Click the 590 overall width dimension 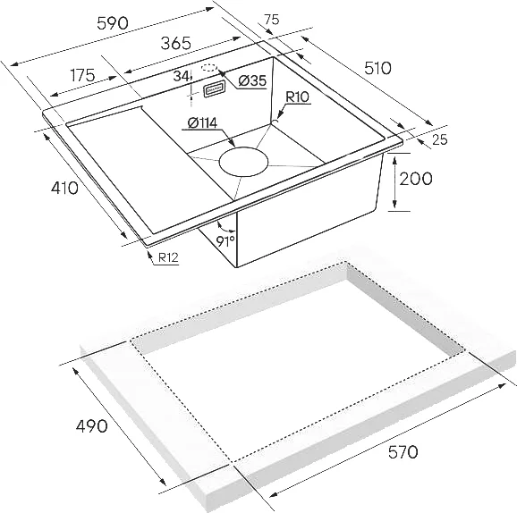tap(113, 23)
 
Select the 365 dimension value tap(175, 43)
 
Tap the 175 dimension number tap(83, 75)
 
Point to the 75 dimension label tap(272, 20)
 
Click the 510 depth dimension tap(377, 68)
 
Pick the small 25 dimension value tap(439, 139)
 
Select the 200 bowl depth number tap(415, 179)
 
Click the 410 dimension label tap(64, 188)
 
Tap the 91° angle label tap(225, 241)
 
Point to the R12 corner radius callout tap(168, 257)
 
